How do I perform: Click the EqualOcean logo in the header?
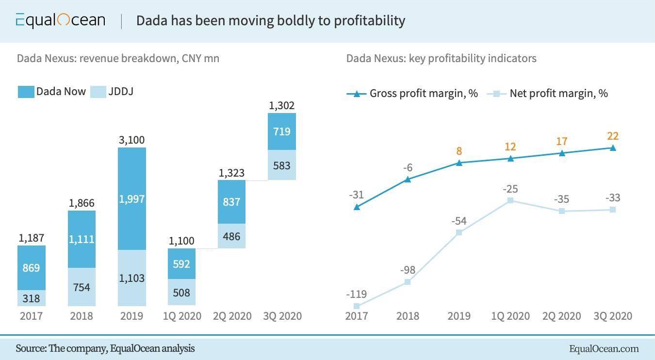click(x=60, y=20)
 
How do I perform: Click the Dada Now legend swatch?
click(x=26, y=92)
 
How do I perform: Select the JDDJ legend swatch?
click(x=98, y=92)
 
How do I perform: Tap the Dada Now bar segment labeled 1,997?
click(x=132, y=199)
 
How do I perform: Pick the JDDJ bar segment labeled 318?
click(x=31, y=298)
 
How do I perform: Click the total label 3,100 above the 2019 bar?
click(x=131, y=140)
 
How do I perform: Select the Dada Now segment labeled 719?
click(x=282, y=131)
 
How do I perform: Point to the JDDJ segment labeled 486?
click(x=231, y=236)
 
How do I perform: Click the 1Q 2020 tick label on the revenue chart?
click(x=182, y=316)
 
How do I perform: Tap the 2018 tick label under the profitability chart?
click(x=408, y=316)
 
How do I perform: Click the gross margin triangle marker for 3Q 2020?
click(x=613, y=148)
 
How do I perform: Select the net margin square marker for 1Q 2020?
click(x=510, y=200)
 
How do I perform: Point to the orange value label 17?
click(x=561, y=142)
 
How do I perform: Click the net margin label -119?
click(x=357, y=294)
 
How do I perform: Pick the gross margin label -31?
click(x=357, y=195)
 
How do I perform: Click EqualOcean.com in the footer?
click(x=604, y=348)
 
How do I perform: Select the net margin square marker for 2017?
click(x=357, y=306)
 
